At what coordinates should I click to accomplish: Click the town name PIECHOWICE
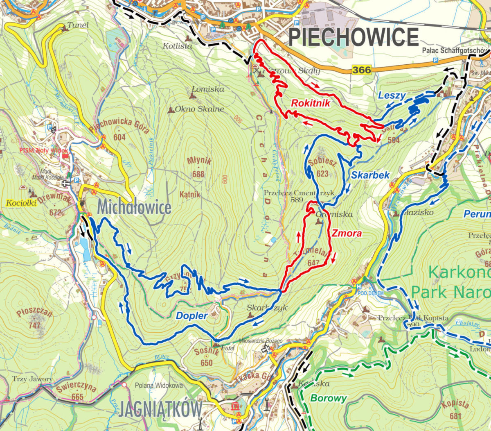tap(354, 37)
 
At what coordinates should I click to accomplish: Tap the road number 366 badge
tap(362, 70)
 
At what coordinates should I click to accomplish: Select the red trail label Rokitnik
tap(310, 103)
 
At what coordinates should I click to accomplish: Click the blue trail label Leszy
tap(392, 96)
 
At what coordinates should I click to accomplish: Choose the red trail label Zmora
tap(346, 234)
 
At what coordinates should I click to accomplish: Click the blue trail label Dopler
tap(191, 315)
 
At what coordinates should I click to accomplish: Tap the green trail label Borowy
tap(328, 398)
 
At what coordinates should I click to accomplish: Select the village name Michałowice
tap(134, 208)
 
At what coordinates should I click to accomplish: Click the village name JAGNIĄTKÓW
tap(160, 409)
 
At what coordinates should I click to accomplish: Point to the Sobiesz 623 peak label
tap(322, 167)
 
